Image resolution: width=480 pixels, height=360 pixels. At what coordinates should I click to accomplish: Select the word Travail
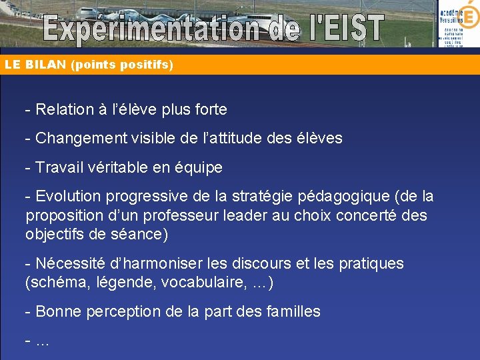(57, 168)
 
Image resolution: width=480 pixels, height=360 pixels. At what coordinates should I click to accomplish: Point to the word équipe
(198, 168)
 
